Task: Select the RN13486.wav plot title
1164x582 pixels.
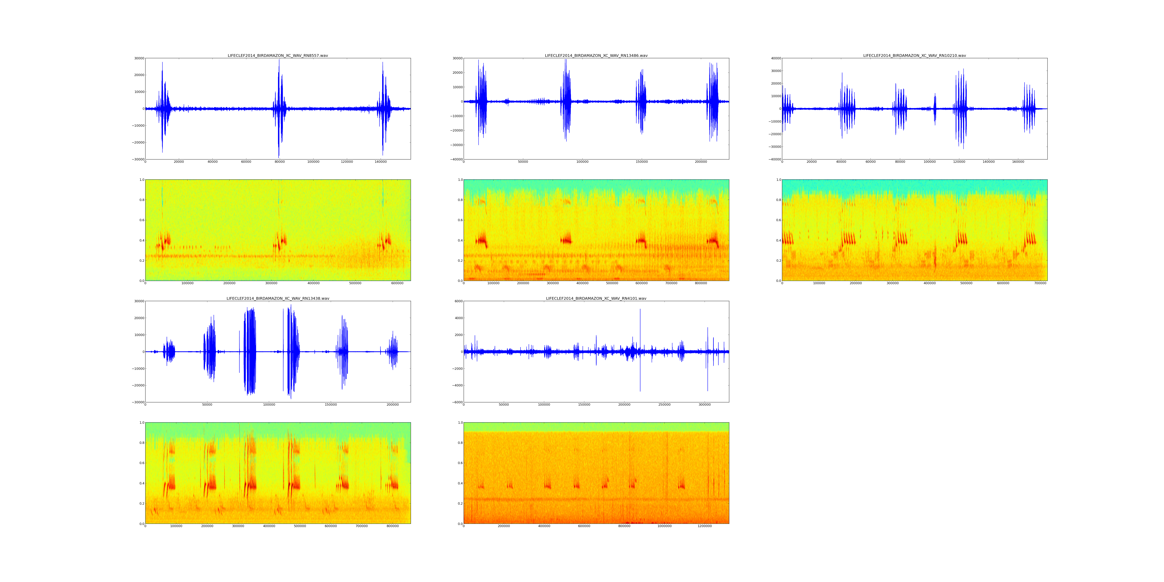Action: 596,55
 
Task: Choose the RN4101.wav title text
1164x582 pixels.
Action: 596,298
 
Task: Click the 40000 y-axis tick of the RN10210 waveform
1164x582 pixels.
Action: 775,58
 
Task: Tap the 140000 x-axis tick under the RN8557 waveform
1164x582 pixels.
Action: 380,162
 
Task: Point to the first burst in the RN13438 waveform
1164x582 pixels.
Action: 169,352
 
